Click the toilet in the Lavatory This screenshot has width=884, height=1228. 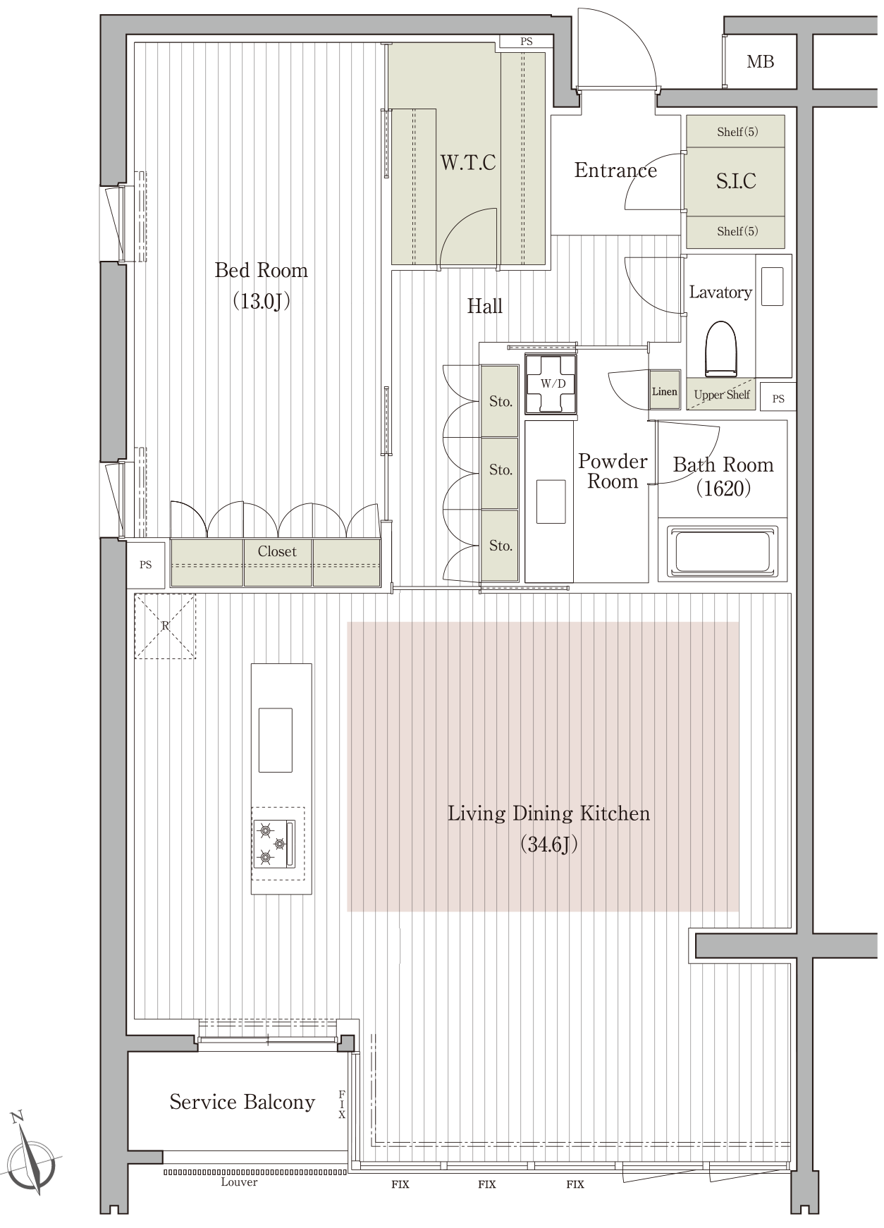(720, 350)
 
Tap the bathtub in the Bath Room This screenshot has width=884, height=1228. (723, 550)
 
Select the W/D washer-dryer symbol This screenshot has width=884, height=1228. (553, 383)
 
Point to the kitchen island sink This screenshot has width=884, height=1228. (275, 740)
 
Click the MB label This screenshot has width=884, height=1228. (760, 62)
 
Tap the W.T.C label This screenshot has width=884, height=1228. (468, 163)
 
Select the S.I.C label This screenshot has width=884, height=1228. (736, 181)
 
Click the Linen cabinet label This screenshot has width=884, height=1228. (664, 391)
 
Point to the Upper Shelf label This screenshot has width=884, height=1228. (722, 395)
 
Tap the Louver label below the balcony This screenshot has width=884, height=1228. (239, 1182)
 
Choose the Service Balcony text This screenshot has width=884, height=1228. (242, 1102)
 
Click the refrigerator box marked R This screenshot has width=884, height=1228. (165, 626)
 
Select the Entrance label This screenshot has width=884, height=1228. (615, 171)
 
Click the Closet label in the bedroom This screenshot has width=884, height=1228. (277, 551)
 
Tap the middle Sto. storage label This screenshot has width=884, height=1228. (501, 470)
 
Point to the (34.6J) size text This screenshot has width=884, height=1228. (549, 844)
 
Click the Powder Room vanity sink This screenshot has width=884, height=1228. (551, 501)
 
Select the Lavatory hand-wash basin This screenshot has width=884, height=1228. (773, 286)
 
